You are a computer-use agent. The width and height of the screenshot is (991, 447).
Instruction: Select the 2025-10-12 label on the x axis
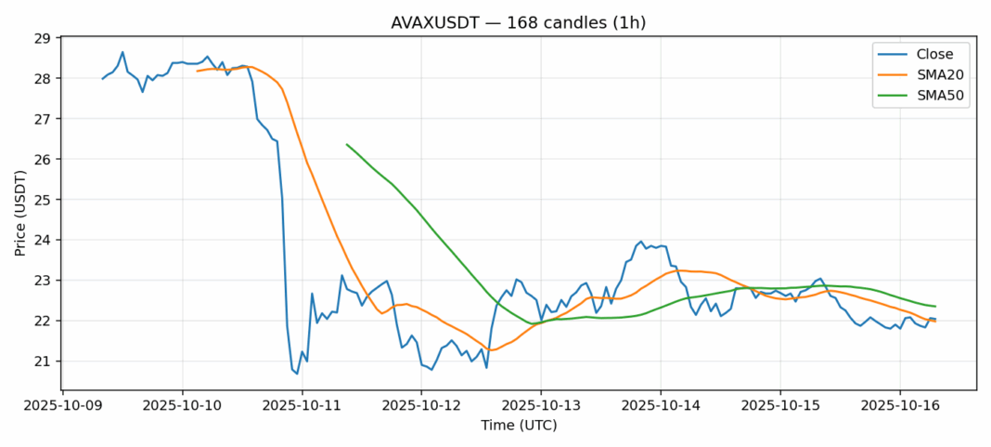point(422,405)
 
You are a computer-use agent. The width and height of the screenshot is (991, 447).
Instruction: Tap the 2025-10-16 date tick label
point(900,405)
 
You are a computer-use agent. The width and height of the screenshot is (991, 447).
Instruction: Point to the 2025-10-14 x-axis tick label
point(662,405)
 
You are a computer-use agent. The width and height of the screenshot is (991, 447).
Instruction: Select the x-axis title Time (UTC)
point(519,425)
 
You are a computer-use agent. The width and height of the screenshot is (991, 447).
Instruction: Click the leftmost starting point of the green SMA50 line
point(346,144)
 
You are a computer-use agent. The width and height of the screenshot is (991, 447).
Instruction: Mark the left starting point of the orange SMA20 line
point(197,71)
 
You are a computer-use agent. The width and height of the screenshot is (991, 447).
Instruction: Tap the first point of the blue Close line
point(102,79)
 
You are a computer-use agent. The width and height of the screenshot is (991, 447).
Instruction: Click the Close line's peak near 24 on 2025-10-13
point(641,241)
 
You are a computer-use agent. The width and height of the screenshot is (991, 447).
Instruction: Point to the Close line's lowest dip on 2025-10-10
point(297,374)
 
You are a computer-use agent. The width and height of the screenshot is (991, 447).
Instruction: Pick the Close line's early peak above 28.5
point(122,52)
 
